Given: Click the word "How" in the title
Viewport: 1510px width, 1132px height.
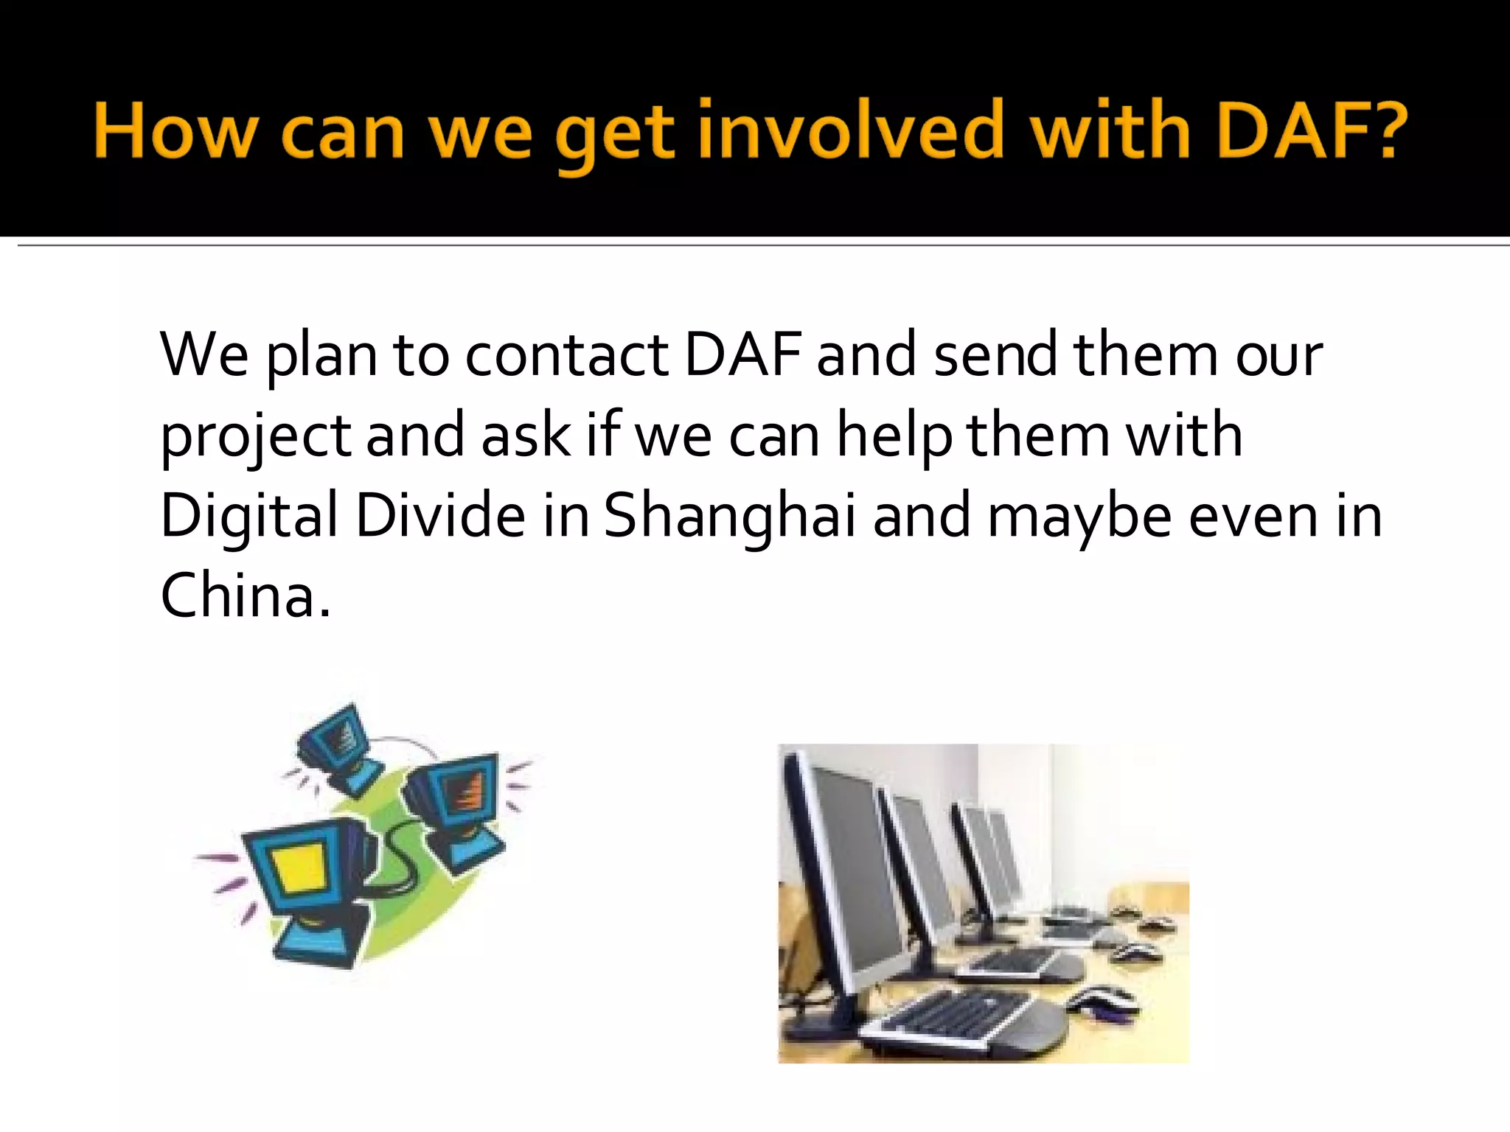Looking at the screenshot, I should tap(175, 131).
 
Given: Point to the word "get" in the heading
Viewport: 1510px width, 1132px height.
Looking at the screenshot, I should tap(613, 136).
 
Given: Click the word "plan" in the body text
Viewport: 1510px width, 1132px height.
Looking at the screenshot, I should tap(320, 356).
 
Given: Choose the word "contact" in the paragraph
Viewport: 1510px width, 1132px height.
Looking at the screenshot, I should tap(566, 356).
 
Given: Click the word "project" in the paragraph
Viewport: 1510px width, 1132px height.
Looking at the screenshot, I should tap(255, 436).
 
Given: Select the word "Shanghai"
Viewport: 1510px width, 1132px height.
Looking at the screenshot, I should tap(730, 515).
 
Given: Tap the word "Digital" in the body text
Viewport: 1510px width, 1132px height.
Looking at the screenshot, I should tap(248, 515).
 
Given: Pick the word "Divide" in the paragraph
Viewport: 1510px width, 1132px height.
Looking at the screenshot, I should tap(440, 515).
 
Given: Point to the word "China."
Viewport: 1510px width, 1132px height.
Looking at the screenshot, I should tap(246, 595).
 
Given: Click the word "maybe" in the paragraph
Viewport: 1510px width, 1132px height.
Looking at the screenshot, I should tap(1079, 517).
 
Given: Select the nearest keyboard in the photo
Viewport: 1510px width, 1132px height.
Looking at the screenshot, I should tap(958, 1017).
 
